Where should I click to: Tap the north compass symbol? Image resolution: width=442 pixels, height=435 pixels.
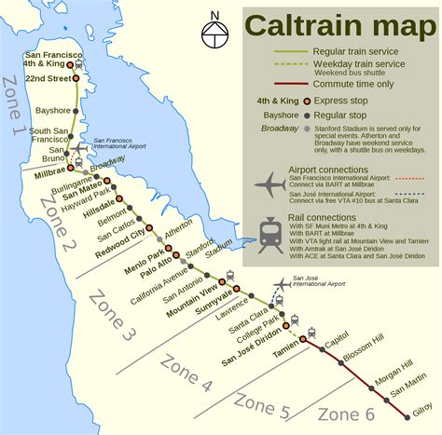(x=215, y=29)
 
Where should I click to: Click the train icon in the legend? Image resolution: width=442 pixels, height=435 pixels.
(x=270, y=234)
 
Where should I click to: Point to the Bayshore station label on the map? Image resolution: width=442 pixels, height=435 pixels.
(x=52, y=110)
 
